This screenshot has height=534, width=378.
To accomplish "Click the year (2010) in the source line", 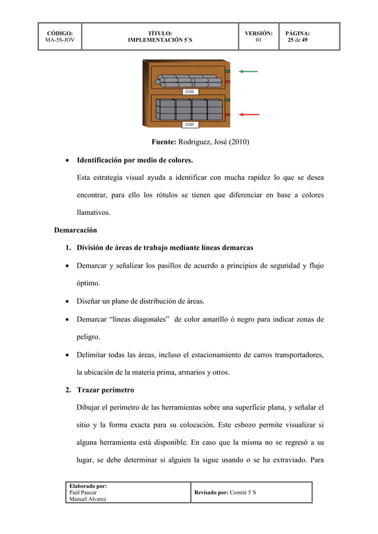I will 237,142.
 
